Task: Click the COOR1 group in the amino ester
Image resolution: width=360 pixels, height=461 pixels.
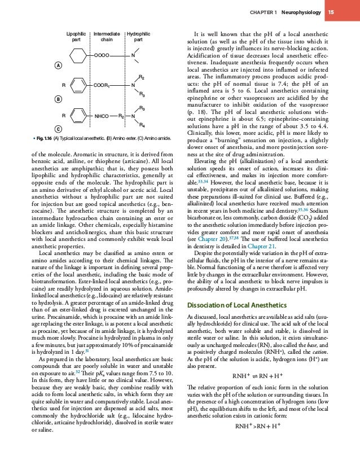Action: pyautogui.click(x=102, y=85)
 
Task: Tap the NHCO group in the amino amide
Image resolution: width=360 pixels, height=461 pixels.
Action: pyautogui.click(x=102, y=117)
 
